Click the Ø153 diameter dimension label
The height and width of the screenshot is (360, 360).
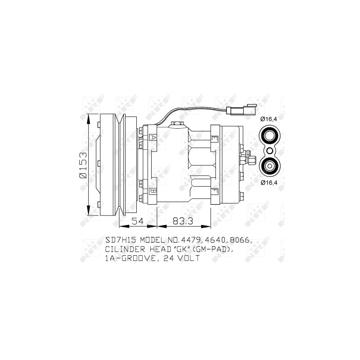pyautogui.click(x=83, y=164)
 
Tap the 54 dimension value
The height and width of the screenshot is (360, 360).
pyautogui.click(x=138, y=221)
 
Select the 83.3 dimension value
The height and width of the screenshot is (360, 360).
pyautogui.click(x=183, y=221)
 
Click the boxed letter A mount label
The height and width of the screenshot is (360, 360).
pyautogui.click(x=153, y=138)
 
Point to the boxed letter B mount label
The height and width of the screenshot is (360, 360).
pyautogui.click(x=153, y=191)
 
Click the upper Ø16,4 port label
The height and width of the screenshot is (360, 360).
pyautogui.click(x=268, y=119)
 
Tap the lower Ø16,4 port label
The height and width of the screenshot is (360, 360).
pyautogui.click(x=269, y=183)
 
